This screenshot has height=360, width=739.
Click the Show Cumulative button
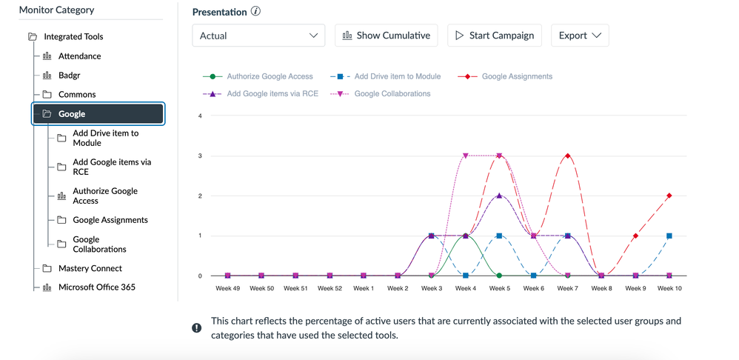[387, 36]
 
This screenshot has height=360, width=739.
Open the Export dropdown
[580, 36]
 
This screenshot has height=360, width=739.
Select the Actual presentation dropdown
[258, 36]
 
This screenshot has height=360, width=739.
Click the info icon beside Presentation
[255, 12]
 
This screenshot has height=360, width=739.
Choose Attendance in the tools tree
[79, 56]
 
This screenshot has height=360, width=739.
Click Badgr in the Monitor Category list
[69, 76]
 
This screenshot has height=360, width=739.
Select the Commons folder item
[77, 95]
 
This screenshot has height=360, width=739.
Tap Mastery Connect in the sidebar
[90, 268]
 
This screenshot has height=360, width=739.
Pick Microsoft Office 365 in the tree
[96, 287]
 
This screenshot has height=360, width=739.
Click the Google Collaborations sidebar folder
[99, 244]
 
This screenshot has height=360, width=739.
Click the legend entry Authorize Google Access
[270, 76]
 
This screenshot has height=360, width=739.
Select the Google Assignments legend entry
[516, 76]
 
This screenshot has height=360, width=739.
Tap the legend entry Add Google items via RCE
[272, 94]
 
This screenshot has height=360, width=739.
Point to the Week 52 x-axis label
[330, 288]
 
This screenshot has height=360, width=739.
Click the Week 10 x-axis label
[669, 288]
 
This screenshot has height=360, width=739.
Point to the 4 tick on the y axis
[200, 116]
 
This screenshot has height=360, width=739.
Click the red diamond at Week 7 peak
[568, 156]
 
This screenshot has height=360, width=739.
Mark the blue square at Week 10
[669, 236]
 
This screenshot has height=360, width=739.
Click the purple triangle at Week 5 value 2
[500, 196]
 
